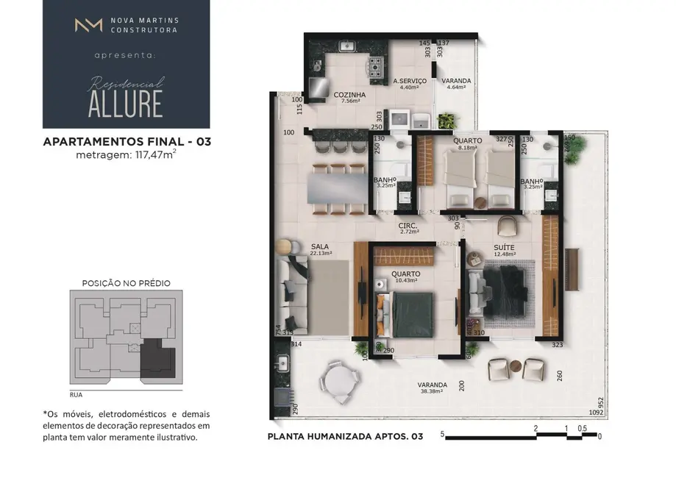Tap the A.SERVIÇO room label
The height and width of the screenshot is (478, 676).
click(x=406, y=81)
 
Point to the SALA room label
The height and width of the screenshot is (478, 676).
click(x=320, y=246)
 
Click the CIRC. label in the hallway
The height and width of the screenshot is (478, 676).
click(x=408, y=226)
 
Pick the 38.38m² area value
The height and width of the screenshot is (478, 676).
click(x=433, y=392)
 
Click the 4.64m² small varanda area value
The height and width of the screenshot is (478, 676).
click(x=457, y=88)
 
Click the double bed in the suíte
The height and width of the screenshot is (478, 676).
click(x=504, y=292)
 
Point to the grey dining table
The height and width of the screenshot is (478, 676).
click(x=338, y=187)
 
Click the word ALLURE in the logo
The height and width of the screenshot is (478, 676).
click(x=125, y=104)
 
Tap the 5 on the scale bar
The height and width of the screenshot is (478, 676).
click(x=442, y=435)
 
